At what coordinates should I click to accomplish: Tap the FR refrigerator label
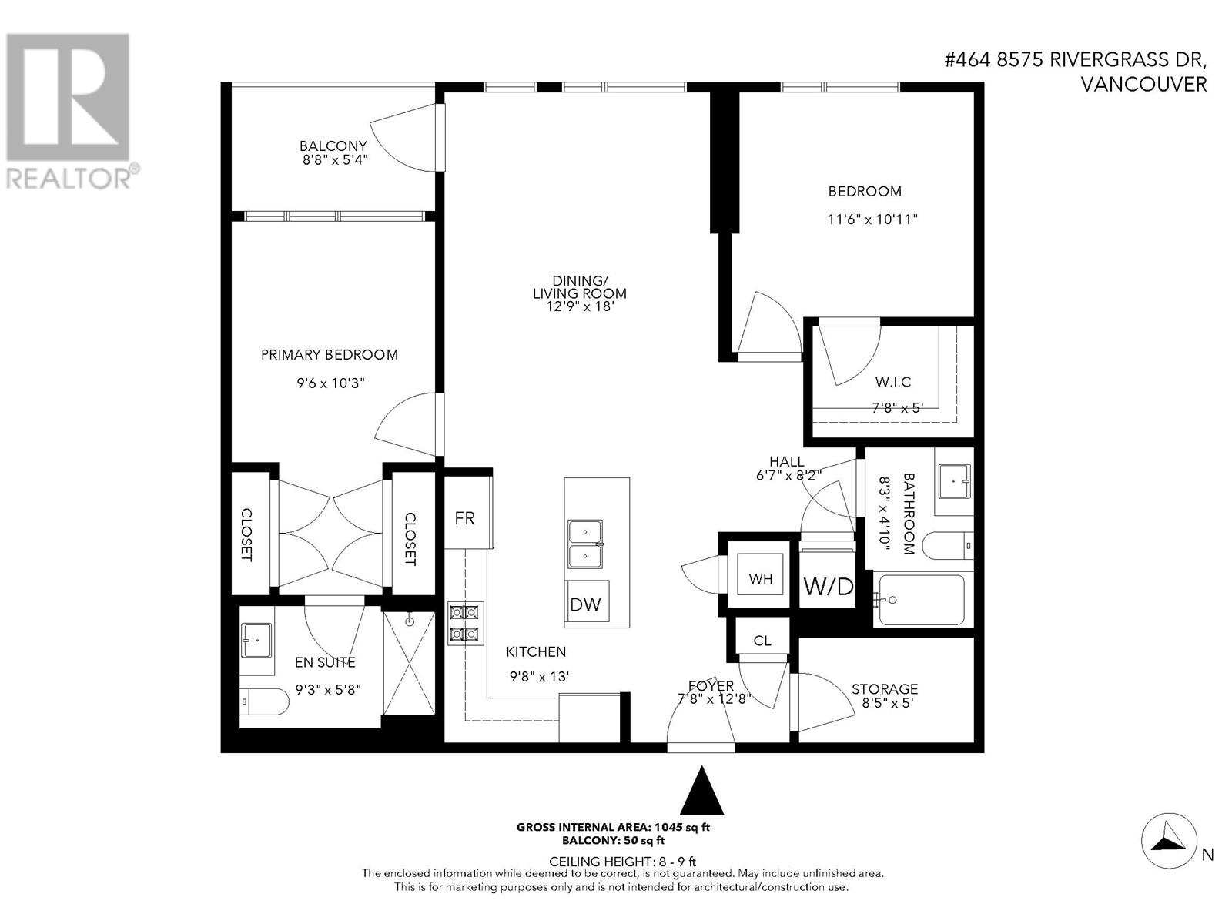click(465, 518)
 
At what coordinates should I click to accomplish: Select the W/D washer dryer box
click(828, 586)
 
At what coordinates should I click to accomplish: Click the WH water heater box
click(760, 577)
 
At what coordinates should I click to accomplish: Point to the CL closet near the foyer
click(762, 640)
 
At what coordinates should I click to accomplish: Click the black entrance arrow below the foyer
click(701, 790)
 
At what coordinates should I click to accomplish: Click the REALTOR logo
click(68, 112)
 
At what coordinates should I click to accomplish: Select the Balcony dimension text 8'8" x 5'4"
click(333, 161)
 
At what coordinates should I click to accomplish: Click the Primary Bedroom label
click(330, 354)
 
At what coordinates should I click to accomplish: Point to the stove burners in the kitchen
click(465, 623)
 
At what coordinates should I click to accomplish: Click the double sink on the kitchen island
click(585, 544)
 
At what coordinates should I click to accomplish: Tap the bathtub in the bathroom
click(921, 600)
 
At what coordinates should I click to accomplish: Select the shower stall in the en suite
click(409, 661)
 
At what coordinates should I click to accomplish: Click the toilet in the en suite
click(262, 701)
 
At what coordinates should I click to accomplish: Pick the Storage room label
click(884, 688)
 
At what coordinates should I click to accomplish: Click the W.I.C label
click(893, 382)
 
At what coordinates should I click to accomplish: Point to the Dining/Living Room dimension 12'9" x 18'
click(579, 306)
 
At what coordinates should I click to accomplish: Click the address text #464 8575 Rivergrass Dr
click(1076, 60)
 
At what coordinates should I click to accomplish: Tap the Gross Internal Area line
click(613, 828)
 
